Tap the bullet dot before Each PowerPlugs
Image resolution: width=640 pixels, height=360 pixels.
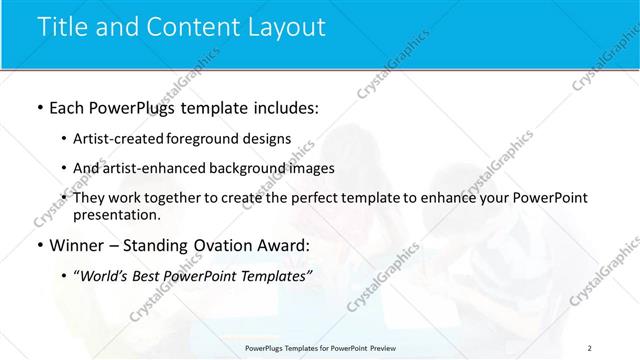[x=39, y=106]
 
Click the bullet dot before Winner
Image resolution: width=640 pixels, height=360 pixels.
[x=39, y=245]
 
